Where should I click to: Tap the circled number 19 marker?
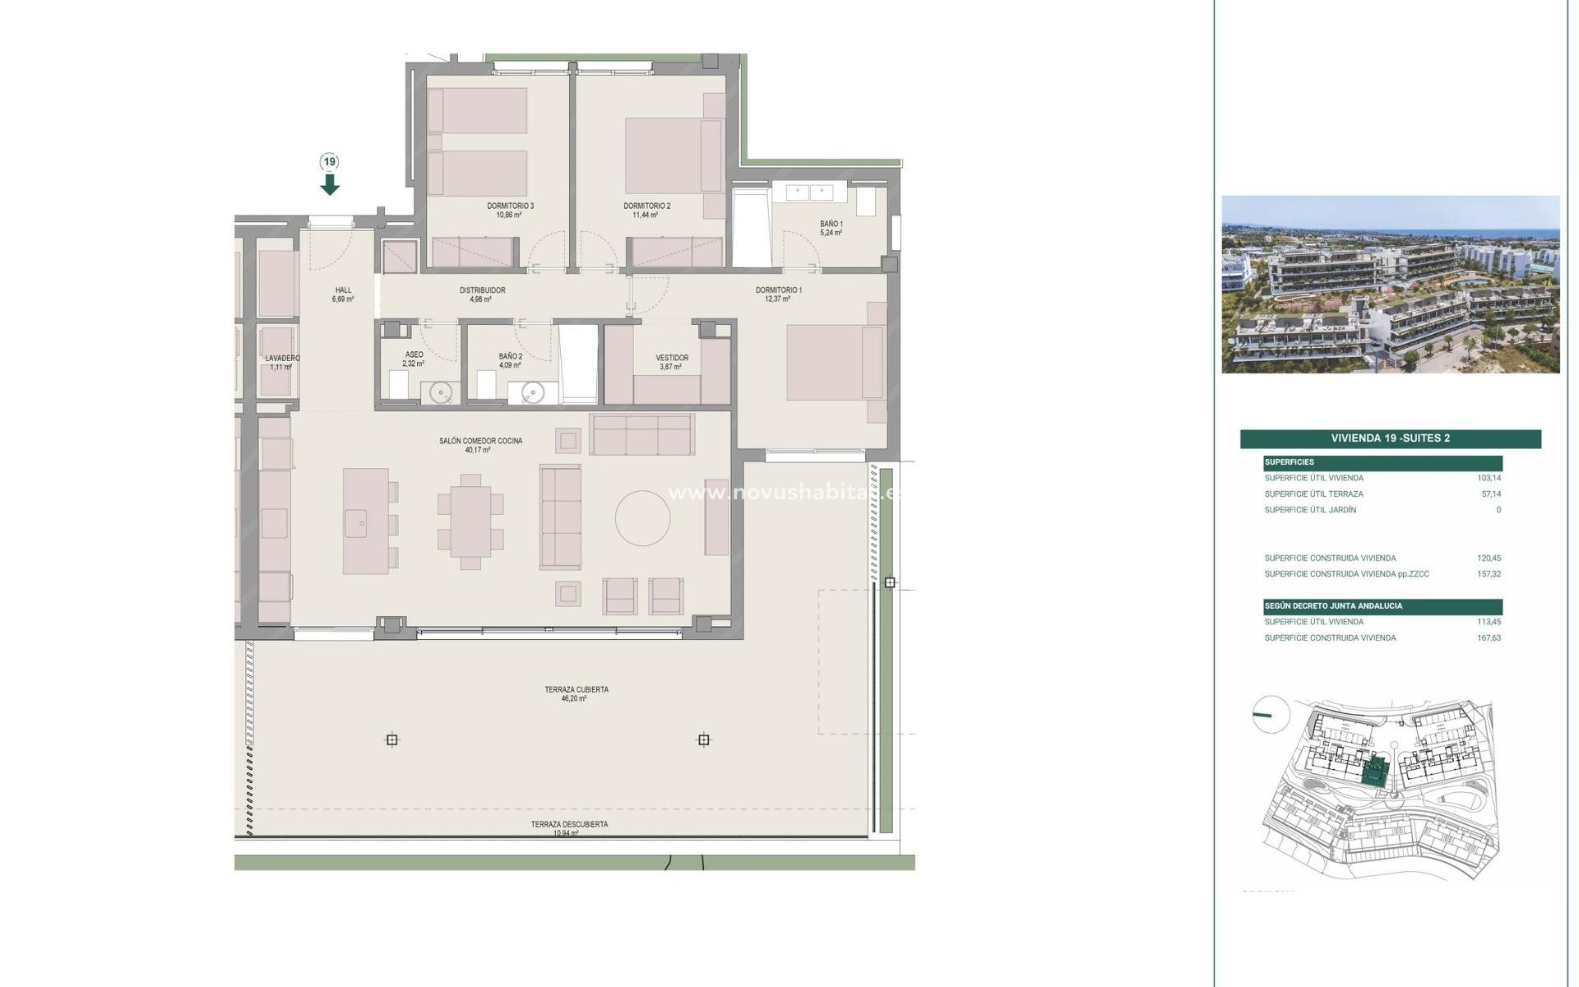point(330,162)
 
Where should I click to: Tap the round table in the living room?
point(642,518)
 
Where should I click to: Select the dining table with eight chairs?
point(470,522)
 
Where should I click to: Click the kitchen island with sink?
point(366,521)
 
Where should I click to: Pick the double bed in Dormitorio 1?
point(834,362)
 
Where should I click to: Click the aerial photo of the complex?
point(1390,284)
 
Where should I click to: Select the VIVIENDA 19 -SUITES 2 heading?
point(1390,438)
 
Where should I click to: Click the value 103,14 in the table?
point(1489,478)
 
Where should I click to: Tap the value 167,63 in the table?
point(1489,638)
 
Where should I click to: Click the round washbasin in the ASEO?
point(443,393)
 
